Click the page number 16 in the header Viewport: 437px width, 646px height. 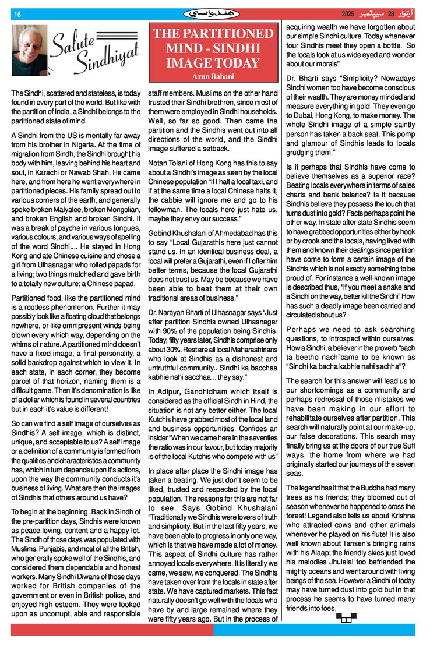point(17,15)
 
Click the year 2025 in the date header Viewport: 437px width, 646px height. point(348,14)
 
